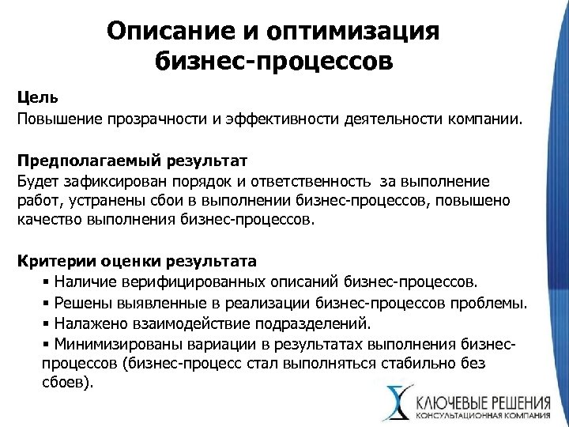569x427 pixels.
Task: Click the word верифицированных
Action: (x=187, y=280)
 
